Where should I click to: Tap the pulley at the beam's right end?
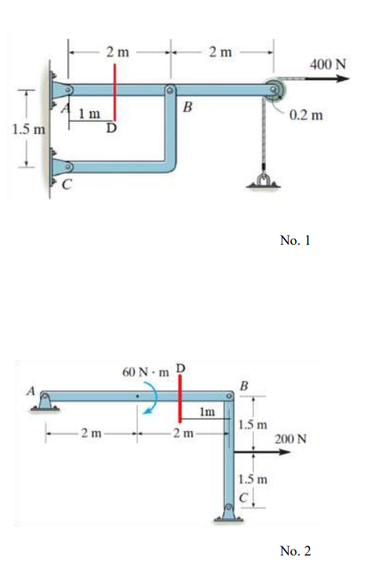pos(274,90)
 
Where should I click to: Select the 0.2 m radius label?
pos(307,116)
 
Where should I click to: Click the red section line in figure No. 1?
pos(115,90)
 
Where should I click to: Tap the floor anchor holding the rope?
pos(262,181)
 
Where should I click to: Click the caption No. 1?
pos(295,240)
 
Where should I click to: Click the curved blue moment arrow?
pos(152,399)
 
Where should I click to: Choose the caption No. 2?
pos(295,550)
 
